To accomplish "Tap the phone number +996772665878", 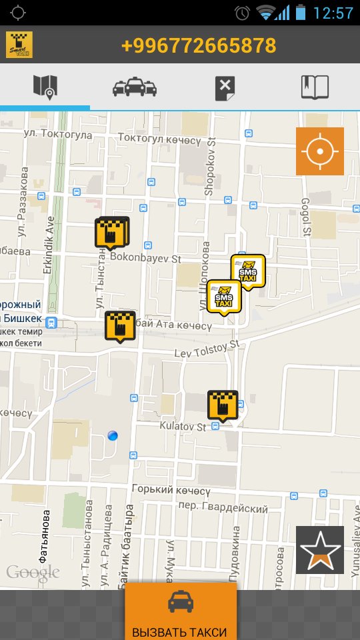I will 199,45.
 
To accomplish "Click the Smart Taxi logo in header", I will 19,45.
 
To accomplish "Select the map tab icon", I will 45,87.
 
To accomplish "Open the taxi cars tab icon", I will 134,87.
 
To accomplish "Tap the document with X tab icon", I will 225,87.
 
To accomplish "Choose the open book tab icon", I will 315,87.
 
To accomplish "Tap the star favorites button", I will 320,550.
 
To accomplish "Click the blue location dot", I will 113,435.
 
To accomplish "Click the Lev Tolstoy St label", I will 206,349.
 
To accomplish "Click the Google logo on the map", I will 33,571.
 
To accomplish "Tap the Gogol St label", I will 307,217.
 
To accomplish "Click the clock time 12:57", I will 333,13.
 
